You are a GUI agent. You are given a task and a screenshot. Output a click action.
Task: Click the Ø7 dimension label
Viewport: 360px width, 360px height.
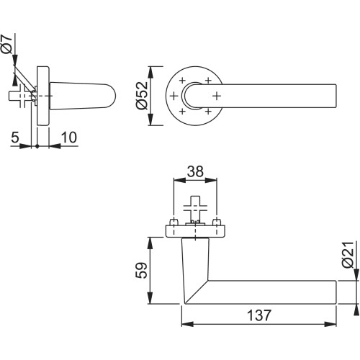point(6,44)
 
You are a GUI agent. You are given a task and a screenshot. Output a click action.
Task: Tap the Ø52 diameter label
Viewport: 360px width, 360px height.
point(142,96)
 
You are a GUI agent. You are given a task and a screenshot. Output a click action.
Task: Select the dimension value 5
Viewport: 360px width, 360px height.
point(15,138)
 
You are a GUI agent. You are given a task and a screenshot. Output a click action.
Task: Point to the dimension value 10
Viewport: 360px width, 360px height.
point(69,138)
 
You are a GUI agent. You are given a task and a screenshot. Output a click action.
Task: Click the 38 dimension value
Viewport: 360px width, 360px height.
point(195,171)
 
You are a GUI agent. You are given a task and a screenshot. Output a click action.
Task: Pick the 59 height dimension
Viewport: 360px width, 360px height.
point(141,271)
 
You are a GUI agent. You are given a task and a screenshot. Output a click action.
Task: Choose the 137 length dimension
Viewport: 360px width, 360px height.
point(259,315)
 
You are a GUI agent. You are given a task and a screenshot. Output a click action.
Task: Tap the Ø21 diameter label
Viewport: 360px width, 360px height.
point(348,255)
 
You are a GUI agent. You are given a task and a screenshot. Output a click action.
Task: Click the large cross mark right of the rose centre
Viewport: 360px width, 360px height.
point(217,96)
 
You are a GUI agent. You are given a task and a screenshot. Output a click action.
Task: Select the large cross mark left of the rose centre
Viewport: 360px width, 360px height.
point(174,96)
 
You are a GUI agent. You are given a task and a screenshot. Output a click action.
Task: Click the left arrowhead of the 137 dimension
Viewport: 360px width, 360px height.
point(187,324)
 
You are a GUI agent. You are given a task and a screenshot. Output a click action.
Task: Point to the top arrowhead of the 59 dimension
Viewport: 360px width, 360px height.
point(150,243)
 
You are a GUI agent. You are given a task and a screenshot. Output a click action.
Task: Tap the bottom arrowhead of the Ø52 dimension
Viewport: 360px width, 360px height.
point(150,120)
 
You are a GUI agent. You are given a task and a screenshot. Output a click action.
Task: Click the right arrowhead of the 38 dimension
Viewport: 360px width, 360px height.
point(211,180)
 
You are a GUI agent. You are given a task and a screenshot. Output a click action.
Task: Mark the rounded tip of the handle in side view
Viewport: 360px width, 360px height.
point(113,96)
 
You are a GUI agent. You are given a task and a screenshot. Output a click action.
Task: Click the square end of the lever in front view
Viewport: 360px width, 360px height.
point(336,96)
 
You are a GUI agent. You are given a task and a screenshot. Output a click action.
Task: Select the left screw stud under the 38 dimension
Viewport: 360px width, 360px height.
point(174,222)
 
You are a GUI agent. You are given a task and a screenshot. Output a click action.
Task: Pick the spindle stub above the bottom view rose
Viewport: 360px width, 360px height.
point(195,208)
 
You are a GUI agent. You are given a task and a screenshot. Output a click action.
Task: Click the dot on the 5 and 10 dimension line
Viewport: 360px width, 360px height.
point(37,146)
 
